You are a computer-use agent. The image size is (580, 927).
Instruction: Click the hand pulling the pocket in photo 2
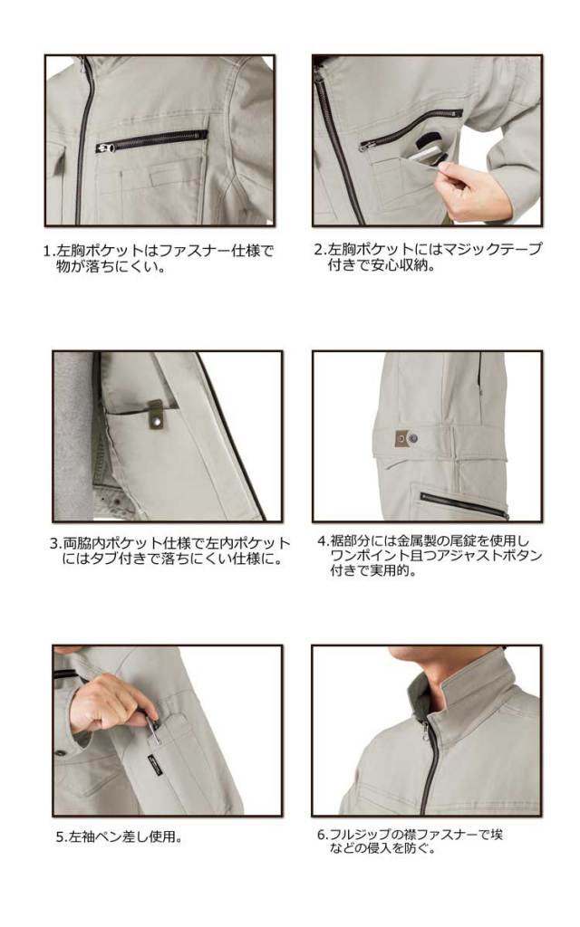tap(468, 187)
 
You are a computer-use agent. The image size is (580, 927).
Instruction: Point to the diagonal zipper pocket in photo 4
tap(463, 503)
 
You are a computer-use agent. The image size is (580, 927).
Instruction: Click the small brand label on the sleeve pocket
tap(156, 764)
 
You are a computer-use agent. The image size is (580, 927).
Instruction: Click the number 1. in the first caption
tap(50, 251)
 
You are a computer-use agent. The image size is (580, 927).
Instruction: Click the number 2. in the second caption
tap(320, 249)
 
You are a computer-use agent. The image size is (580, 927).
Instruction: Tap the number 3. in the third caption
tap(56, 543)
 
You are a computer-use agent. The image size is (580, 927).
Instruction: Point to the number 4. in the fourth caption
tap(324, 540)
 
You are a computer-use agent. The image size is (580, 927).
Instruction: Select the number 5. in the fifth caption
tap(63, 837)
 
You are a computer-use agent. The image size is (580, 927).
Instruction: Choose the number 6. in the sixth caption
tap(324, 835)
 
